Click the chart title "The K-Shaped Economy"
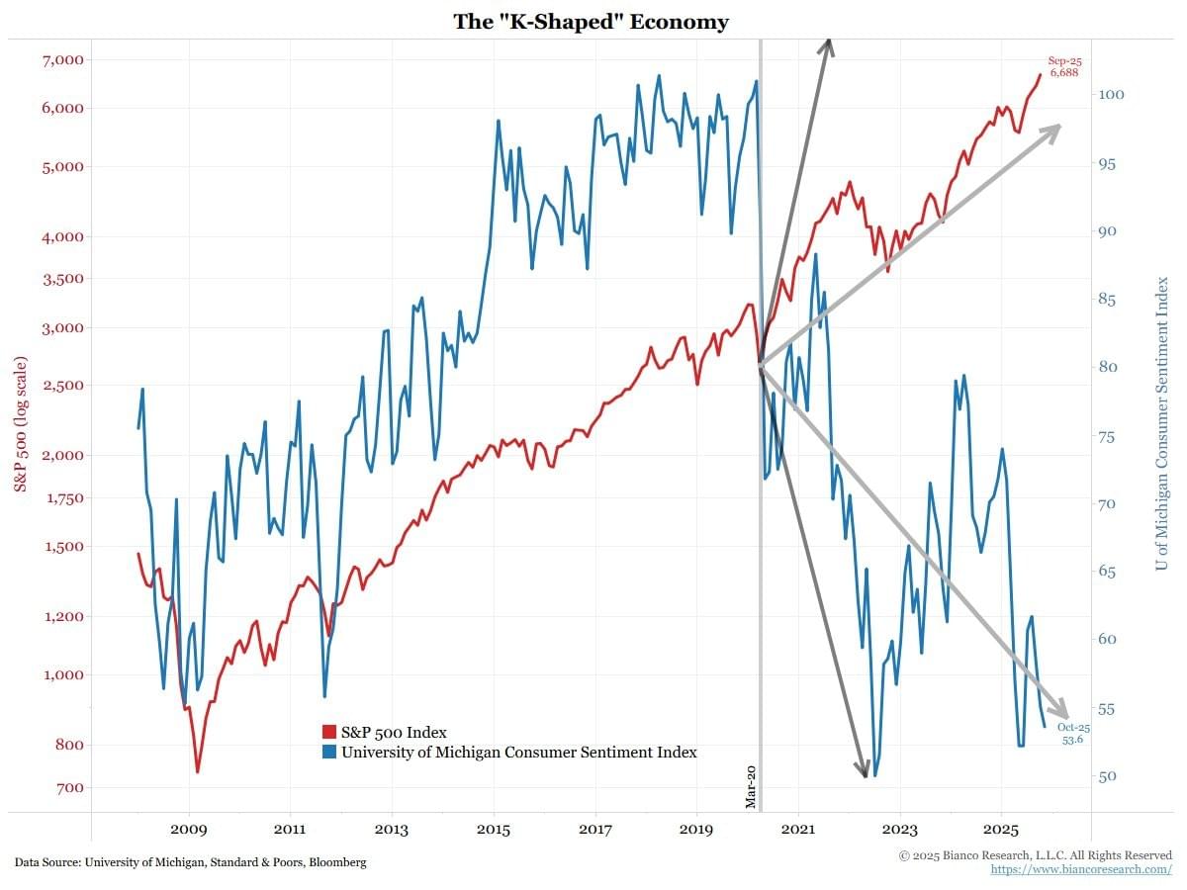point(591,21)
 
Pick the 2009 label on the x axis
point(188,828)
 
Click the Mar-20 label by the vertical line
point(751,786)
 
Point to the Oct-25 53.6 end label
point(1073,733)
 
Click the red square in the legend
point(329,732)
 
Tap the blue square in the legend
point(329,752)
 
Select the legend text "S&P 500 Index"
point(394,732)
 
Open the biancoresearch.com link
point(1081,869)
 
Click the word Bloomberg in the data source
point(339,862)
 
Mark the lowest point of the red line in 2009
point(198,771)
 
